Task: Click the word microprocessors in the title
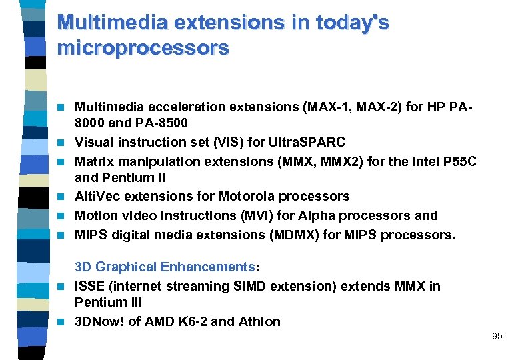tap(143, 48)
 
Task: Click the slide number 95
tap(497, 336)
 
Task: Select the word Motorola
tap(244, 197)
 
